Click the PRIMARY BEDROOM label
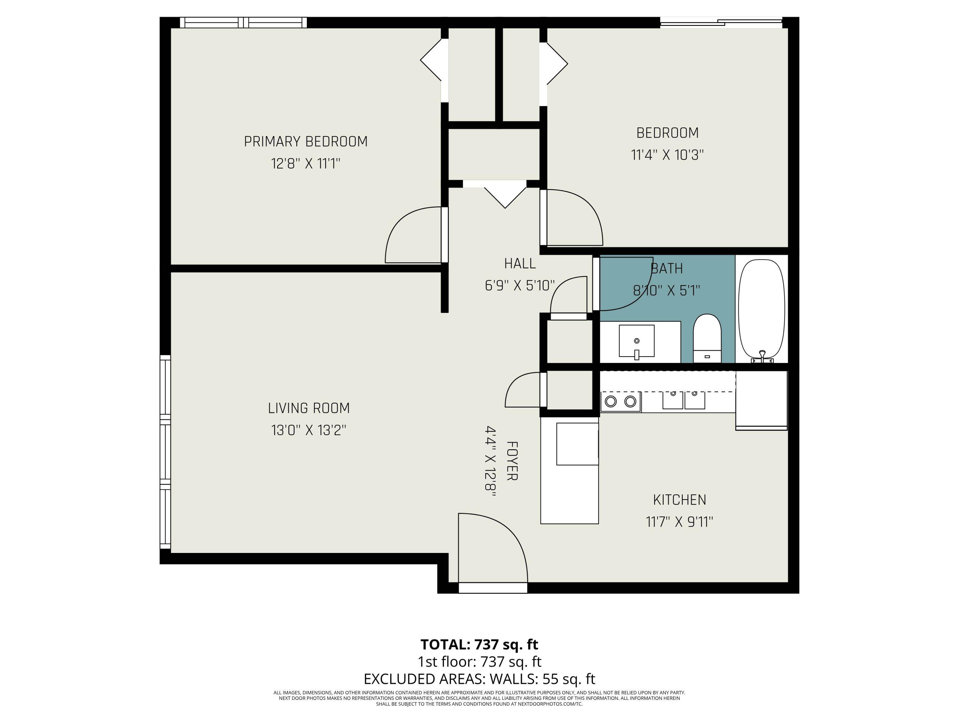tap(306, 141)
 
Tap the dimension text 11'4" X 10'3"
tap(667, 155)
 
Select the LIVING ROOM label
tap(309, 408)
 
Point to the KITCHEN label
tap(679, 500)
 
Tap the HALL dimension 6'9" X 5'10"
tap(519, 285)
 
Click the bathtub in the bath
tap(761, 309)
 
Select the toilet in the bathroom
tap(707, 339)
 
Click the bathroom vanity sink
tap(636, 341)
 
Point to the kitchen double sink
tap(683, 399)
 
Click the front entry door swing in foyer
tap(492, 549)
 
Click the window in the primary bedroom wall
tap(243, 23)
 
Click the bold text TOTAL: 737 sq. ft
tap(479, 644)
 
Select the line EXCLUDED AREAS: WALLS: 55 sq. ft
tap(479, 678)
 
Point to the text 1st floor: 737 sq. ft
tap(479, 661)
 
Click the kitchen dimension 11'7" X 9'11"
tap(679, 521)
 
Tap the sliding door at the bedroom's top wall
tap(721, 23)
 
